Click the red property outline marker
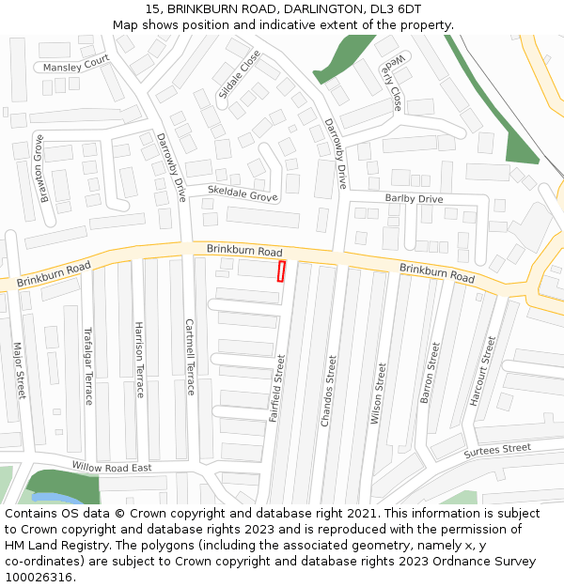tap(281, 270)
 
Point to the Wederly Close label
tap(393, 82)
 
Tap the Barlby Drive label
tap(414, 199)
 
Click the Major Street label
tap(19, 370)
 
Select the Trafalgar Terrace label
tap(88, 365)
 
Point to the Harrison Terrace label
tap(139, 360)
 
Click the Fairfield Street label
tap(276, 387)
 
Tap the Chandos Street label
tap(328, 391)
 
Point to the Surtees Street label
tap(497, 451)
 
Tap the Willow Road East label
tap(111, 467)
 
